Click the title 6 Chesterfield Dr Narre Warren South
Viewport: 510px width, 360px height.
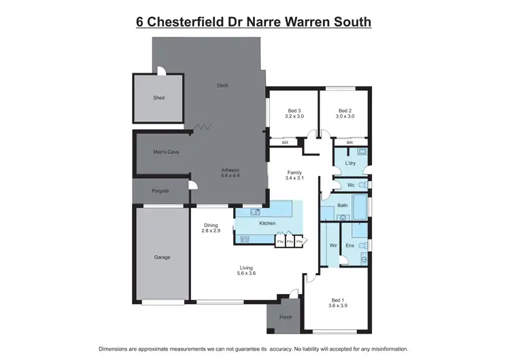tap(254, 22)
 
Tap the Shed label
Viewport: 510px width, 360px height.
tap(158, 98)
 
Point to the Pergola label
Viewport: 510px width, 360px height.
tap(160, 191)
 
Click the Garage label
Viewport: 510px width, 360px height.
tap(161, 257)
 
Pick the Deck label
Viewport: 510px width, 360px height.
tap(222, 86)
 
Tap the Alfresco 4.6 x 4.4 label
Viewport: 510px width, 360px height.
tap(231, 173)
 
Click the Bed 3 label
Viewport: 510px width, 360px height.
tap(294, 111)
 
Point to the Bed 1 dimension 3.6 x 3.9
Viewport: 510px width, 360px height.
tap(337, 306)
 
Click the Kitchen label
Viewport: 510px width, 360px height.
tap(267, 223)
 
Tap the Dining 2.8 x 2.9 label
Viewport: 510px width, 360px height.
tap(211, 228)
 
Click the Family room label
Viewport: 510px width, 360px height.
tap(294, 173)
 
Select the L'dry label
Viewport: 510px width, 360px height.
tap(351, 164)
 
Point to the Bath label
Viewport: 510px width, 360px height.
tap(342, 206)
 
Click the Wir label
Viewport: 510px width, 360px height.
tap(333, 245)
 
